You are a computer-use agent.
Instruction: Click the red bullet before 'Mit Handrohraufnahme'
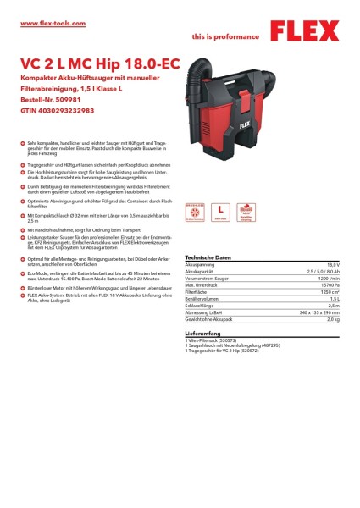pyautogui.click(x=21, y=231)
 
